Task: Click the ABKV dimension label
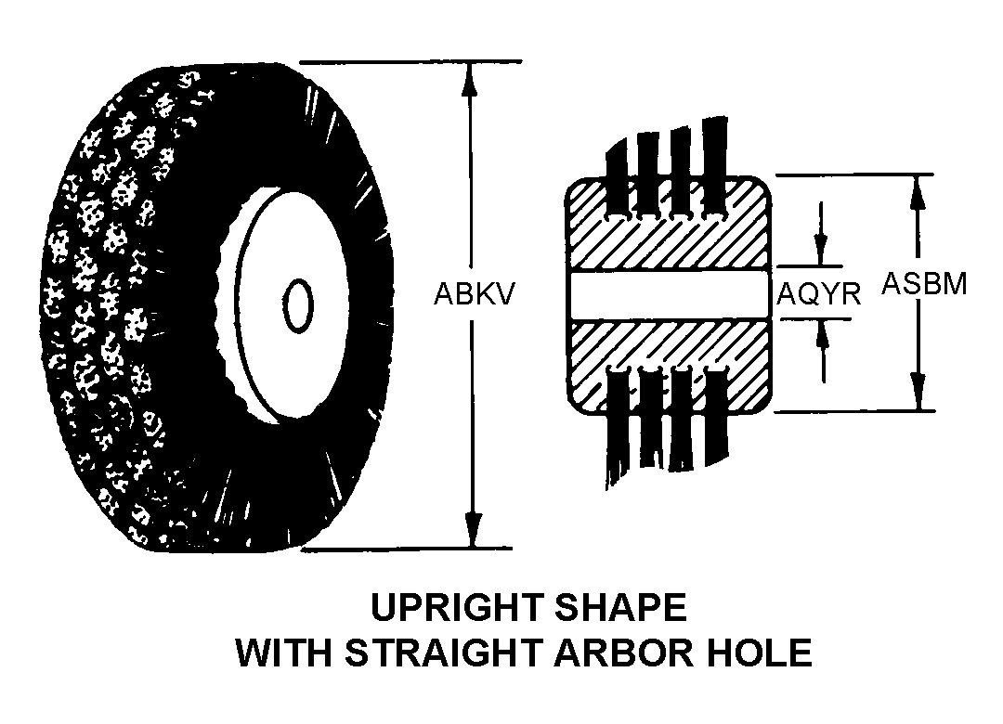tap(474, 294)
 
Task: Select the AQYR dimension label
tap(819, 295)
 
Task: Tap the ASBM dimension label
tap(924, 283)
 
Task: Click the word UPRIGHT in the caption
tap(456, 608)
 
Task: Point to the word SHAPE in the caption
tap(620, 608)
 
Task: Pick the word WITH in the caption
tap(285, 653)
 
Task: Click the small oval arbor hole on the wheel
tap(297, 305)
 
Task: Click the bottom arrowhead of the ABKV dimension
tap(473, 531)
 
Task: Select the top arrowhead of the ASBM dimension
tap(918, 191)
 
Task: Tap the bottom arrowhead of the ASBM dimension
tap(919, 393)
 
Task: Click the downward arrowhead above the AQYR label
tap(821, 250)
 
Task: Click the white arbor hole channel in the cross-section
tap(667, 295)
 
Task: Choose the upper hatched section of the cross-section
tap(667, 239)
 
